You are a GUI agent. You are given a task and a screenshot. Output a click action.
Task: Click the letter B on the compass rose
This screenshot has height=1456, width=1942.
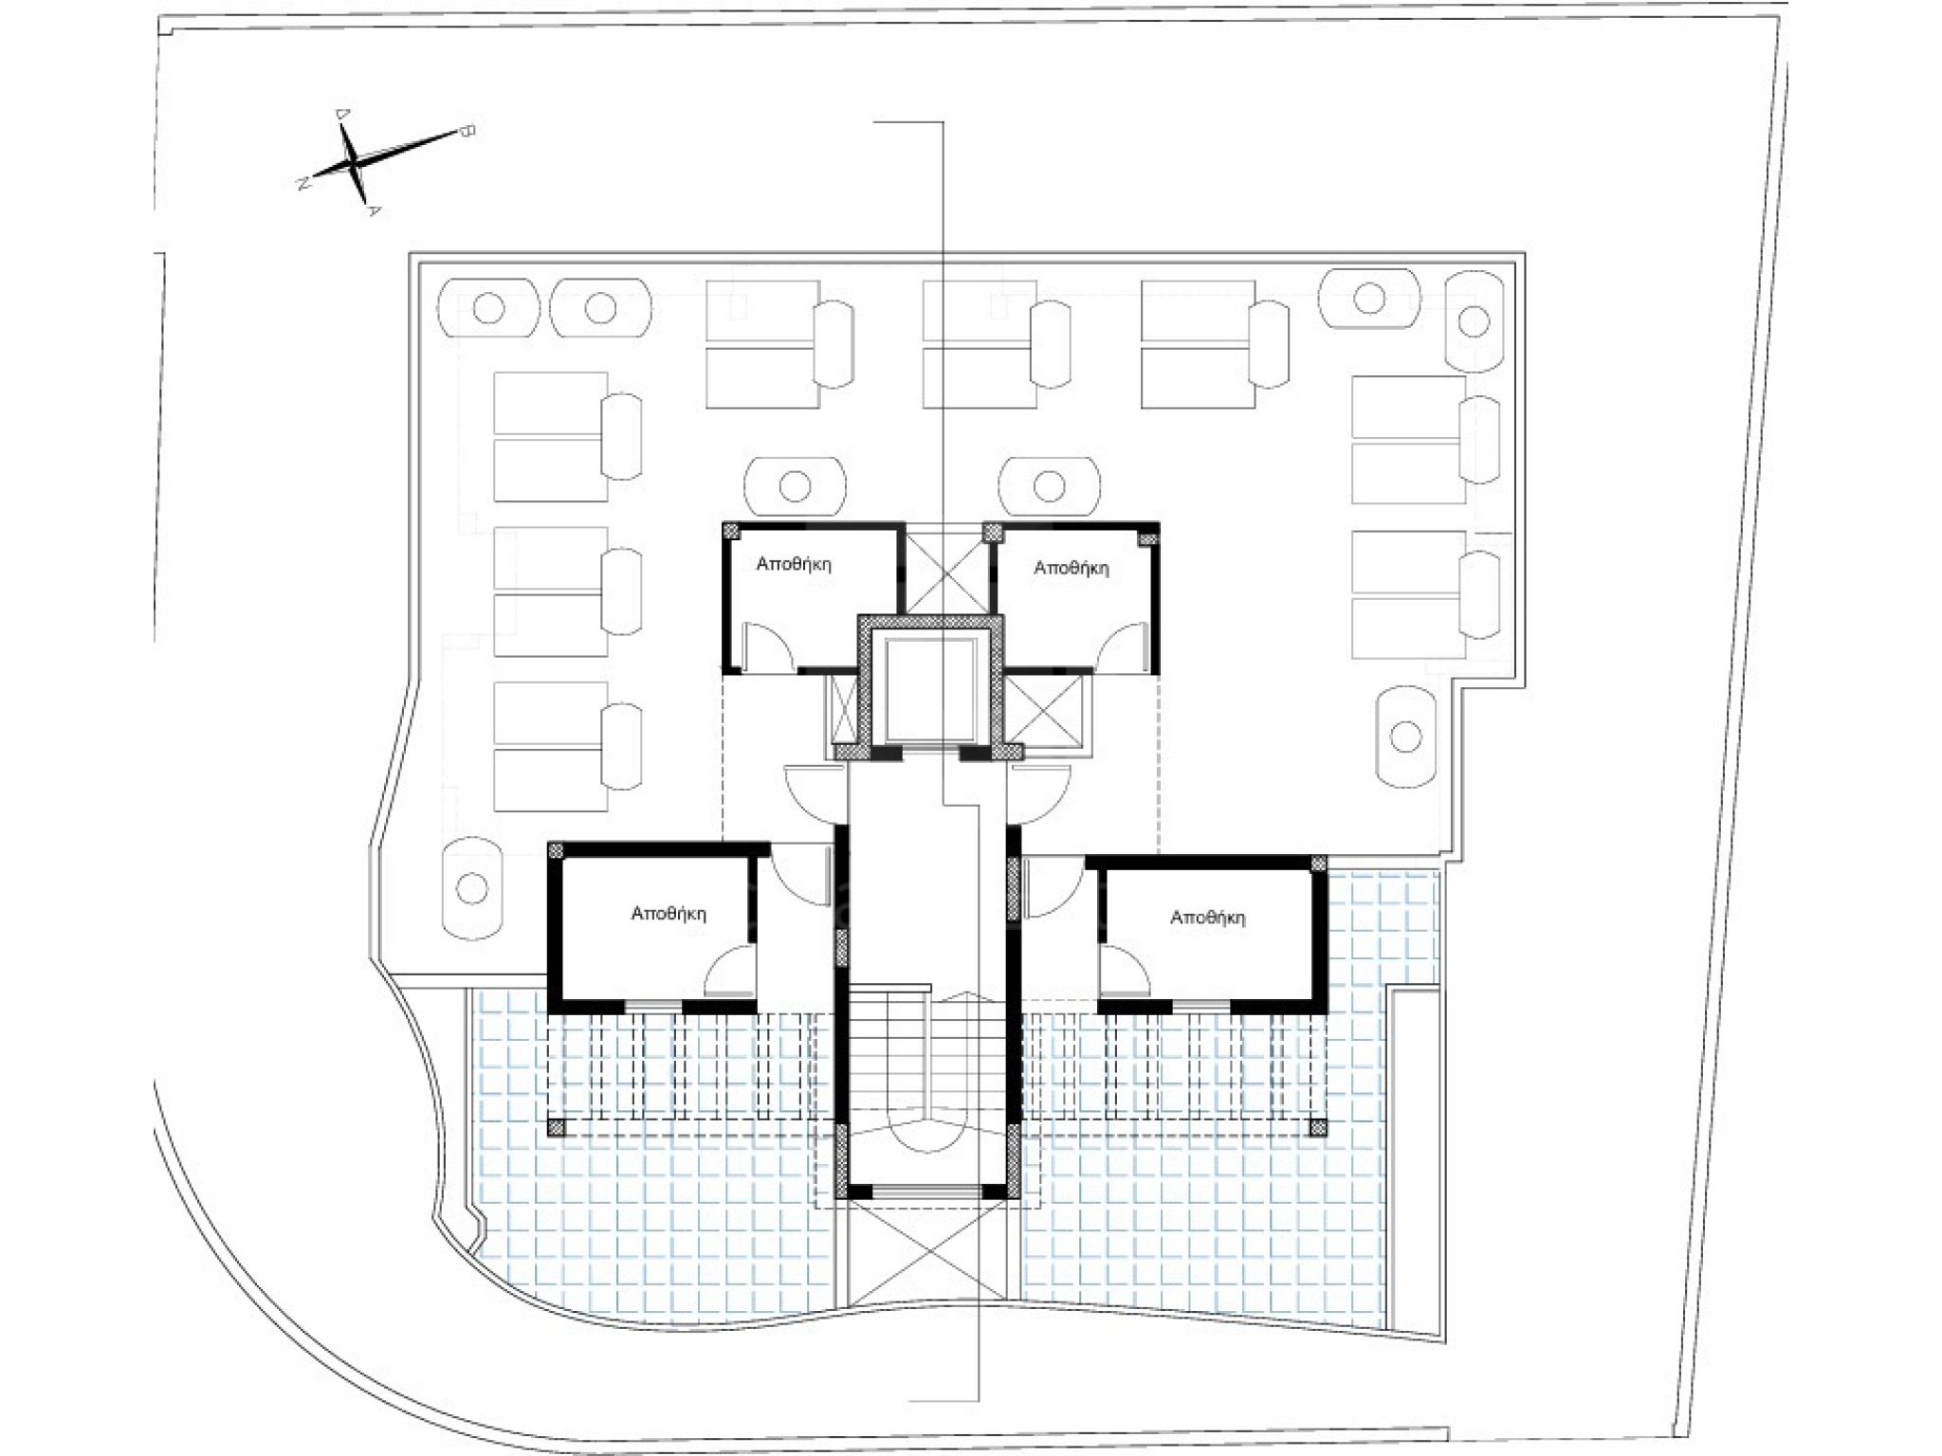[466, 131]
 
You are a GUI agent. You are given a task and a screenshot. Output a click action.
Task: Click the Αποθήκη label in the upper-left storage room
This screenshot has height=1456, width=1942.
[794, 565]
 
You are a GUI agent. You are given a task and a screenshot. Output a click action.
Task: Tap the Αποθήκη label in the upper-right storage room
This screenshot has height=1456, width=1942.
[1072, 569]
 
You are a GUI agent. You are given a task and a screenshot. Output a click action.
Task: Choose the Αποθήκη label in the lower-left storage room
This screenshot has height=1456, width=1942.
[669, 914]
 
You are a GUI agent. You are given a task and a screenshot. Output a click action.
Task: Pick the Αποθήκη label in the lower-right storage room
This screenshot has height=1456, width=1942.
[1208, 918]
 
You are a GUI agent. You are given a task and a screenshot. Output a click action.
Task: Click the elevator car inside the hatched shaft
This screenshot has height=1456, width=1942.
[930, 691]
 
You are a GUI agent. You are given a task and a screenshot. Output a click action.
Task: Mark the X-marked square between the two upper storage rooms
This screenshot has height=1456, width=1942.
[944, 572]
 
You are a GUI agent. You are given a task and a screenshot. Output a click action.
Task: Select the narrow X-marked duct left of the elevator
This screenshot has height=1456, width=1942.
[842, 707]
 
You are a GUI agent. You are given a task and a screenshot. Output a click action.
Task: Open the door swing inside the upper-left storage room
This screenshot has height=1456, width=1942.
[767, 646]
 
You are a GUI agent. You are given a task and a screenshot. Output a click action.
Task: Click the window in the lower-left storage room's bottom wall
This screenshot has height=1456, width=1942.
[653, 1006]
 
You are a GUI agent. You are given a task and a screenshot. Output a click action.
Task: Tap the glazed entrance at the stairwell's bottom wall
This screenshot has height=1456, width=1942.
[928, 1191]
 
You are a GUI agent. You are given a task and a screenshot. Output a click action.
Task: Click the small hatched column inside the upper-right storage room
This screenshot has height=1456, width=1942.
[1147, 538]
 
